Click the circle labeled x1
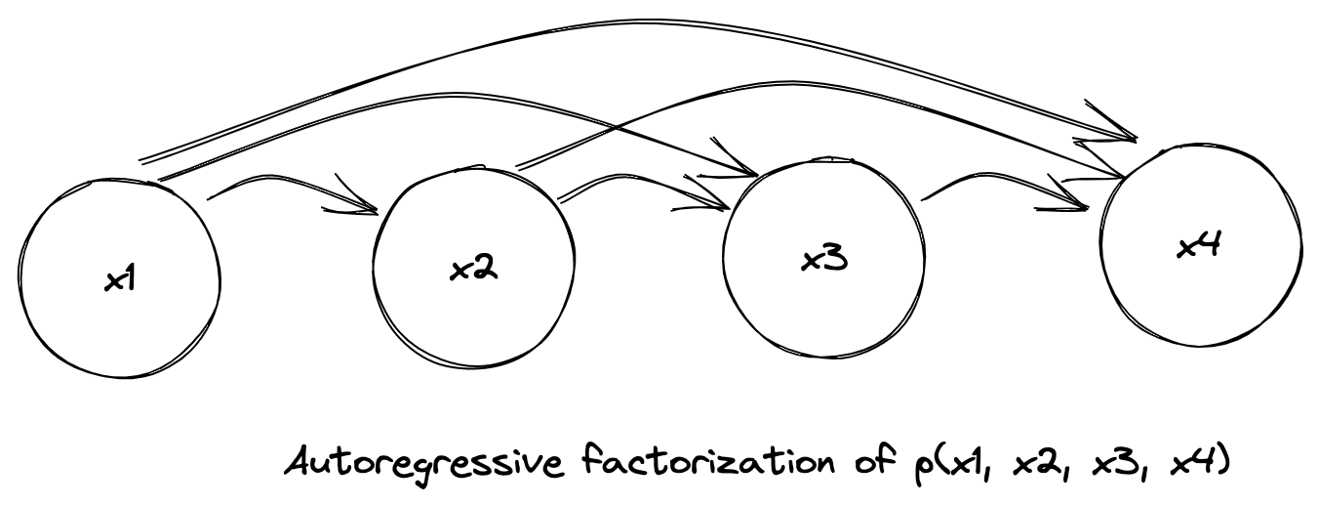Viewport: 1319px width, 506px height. pyautogui.click(x=116, y=279)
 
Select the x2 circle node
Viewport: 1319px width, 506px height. pyautogui.click(x=474, y=270)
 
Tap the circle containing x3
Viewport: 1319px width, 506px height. pyautogui.click(x=823, y=260)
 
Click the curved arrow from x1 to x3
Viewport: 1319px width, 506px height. pyautogui.click(x=439, y=98)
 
